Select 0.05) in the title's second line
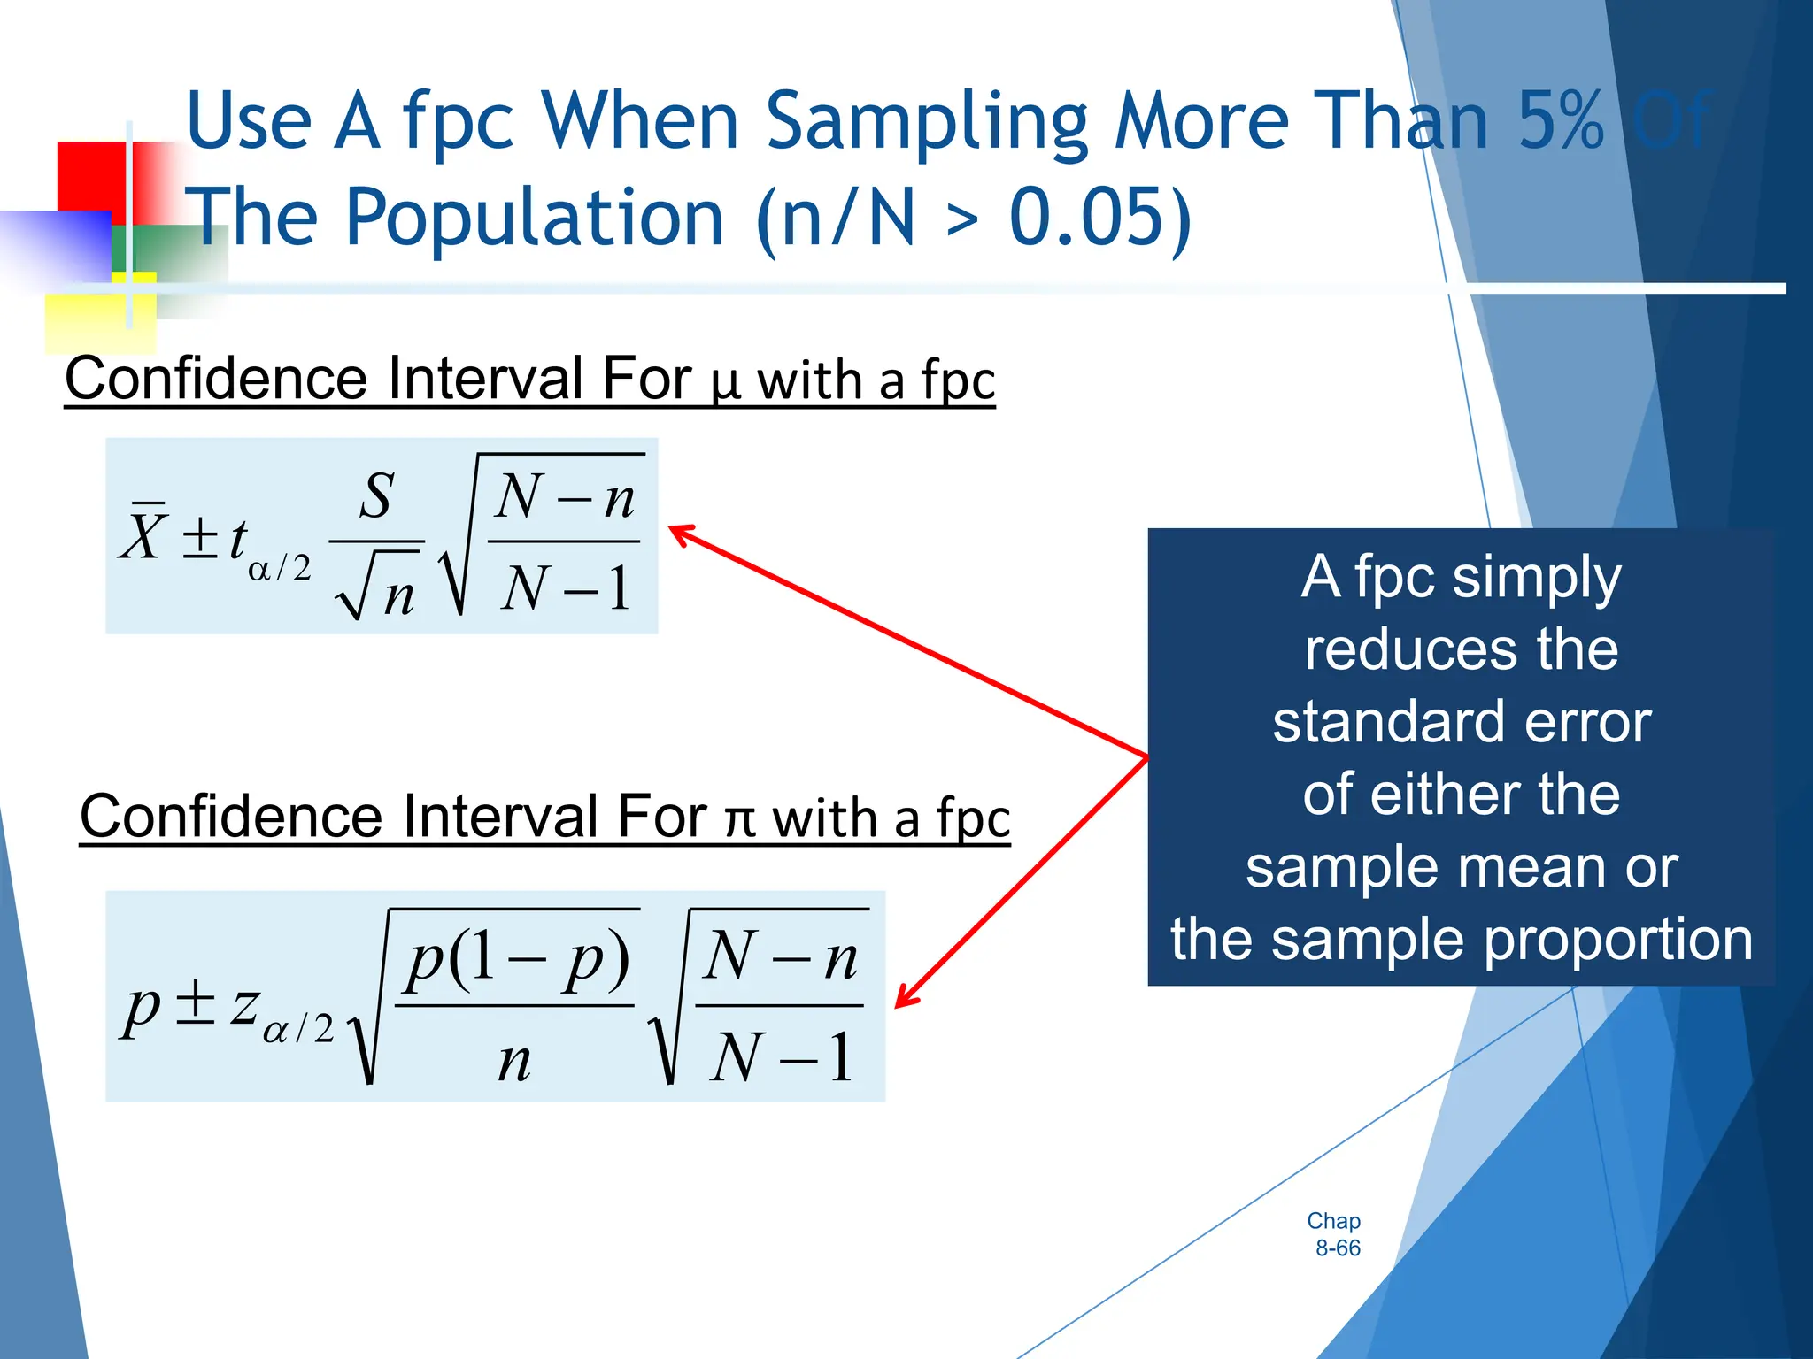pyautogui.click(x=1100, y=218)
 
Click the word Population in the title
pyautogui.click(x=535, y=218)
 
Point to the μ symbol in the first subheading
pyautogui.click(x=725, y=382)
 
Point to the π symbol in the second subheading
pyautogui.click(x=740, y=819)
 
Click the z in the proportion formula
pyautogui.click(x=244, y=1005)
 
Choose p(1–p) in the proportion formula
pyautogui.click(x=517, y=959)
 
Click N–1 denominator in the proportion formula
pyautogui.click(x=781, y=1056)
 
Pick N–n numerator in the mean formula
pyautogui.click(x=565, y=497)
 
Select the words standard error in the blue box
pyautogui.click(x=1461, y=722)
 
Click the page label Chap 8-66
pyautogui.click(x=1335, y=1234)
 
